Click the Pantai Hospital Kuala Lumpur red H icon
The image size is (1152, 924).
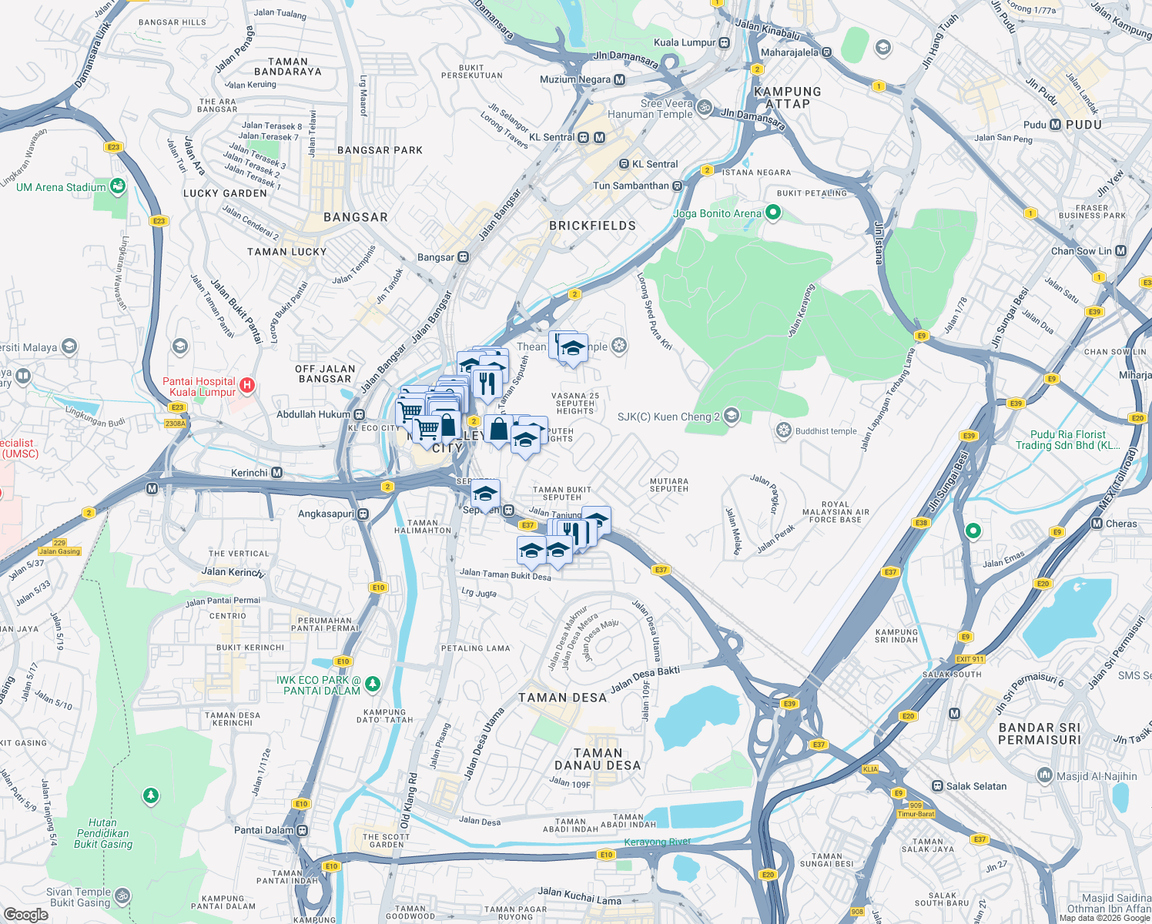click(246, 384)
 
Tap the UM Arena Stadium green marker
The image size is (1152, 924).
click(117, 186)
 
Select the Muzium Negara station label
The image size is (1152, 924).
click(575, 79)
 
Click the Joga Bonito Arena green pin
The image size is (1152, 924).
click(773, 213)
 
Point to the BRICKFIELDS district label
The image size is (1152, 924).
click(592, 226)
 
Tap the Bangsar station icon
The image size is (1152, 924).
click(463, 257)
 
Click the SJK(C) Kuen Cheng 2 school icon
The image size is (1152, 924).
click(732, 416)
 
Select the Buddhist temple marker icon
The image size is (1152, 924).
click(783, 430)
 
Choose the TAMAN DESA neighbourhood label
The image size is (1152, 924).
click(562, 698)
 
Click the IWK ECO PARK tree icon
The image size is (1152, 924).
click(373, 684)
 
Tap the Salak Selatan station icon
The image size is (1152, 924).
click(937, 786)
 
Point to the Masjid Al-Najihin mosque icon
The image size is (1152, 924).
click(1045, 775)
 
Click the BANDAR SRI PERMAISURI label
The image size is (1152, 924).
click(1040, 734)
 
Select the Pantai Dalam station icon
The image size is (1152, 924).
click(303, 830)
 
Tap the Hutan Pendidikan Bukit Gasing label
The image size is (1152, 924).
click(102, 833)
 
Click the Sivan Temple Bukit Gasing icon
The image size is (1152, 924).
click(122, 896)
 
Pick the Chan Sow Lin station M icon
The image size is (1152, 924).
click(1120, 251)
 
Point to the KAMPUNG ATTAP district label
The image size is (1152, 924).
click(787, 98)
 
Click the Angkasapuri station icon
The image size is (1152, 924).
click(363, 514)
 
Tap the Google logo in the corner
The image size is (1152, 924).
click(25, 914)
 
